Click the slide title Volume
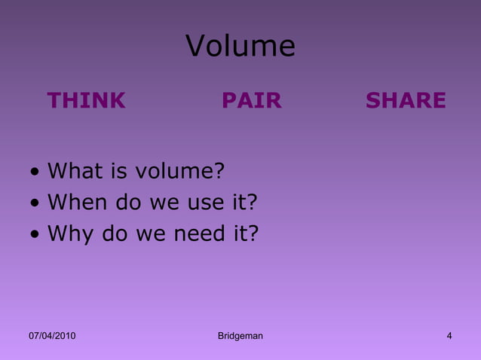pyautogui.click(x=240, y=47)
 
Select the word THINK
pyautogui.click(x=86, y=101)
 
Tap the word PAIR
pyautogui.click(x=251, y=101)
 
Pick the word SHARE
pyautogui.click(x=406, y=101)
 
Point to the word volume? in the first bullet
pyautogui.click(x=179, y=171)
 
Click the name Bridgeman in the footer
pyautogui.click(x=240, y=336)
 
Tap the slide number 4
pyautogui.click(x=449, y=336)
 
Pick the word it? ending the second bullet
pyautogui.click(x=244, y=203)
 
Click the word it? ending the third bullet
pyautogui.click(x=244, y=234)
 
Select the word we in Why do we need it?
pyautogui.click(x=149, y=234)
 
